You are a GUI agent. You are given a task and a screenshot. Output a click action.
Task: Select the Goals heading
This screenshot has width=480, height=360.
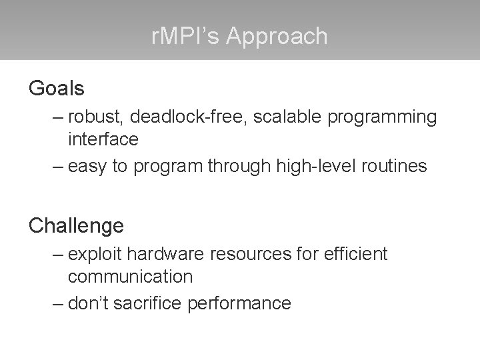[56, 87]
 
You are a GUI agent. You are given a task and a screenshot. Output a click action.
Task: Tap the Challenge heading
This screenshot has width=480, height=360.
[76, 225]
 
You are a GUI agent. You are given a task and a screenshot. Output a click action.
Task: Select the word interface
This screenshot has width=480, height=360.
[103, 139]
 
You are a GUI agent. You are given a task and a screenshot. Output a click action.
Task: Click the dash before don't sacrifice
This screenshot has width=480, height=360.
[57, 304]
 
